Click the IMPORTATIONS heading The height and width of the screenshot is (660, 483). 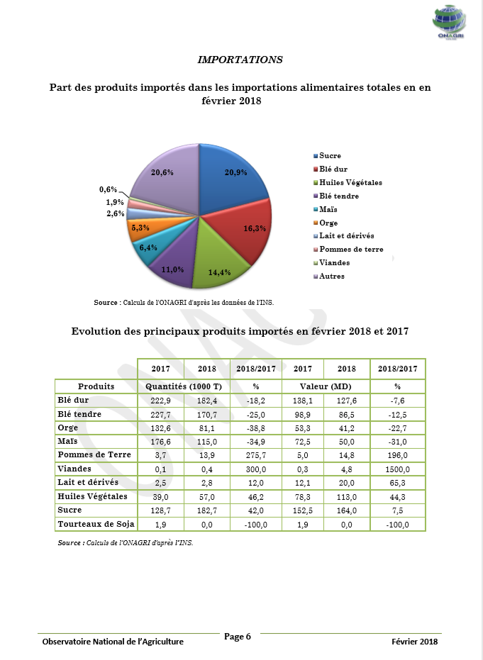pyautogui.click(x=240, y=60)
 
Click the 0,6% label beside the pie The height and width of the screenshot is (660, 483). pyautogui.click(x=108, y=189)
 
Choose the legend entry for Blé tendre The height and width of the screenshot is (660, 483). pyautogui.click(x=338, y=196)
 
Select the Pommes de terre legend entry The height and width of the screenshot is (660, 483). pyautogui.click(x=350, y=250)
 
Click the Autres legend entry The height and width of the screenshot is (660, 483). pyautogui.click(x=331, y=276)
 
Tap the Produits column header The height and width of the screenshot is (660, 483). pyautogui.click(x=96, y=386)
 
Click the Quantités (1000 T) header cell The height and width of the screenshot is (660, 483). pyautogui.click(x=184, y=386)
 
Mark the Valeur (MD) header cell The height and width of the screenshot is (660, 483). pyautogui.click(x=323, y=386)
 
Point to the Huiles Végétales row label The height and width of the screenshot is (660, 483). pyautogui.click(x=92, y=496)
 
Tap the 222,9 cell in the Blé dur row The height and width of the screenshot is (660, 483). pyautogui.click(x=161, y=401)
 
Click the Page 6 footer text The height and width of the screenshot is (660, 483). pyautogui.click(x=238, y=637)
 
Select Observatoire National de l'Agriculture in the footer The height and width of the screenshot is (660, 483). pyautogui.click(x=113, y=642)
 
